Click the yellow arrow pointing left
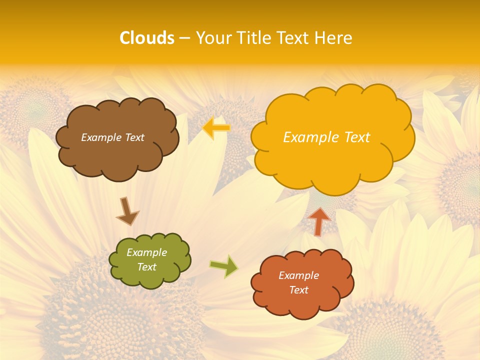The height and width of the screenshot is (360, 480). pos(216,128)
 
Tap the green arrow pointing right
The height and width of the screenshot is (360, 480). pos(224,266)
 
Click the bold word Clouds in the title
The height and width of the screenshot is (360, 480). pos(147,38)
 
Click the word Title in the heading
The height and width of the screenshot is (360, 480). pos(254,38)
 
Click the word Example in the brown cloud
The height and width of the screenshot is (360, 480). pos(100,137)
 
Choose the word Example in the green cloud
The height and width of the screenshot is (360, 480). pos(146,252)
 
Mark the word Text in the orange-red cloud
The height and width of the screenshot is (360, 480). pos(298,290)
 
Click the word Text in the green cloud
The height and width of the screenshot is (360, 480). pos(146,267)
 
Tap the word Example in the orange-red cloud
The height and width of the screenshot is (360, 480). pos(298,275)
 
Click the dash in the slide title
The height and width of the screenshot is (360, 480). pos(184,38)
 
